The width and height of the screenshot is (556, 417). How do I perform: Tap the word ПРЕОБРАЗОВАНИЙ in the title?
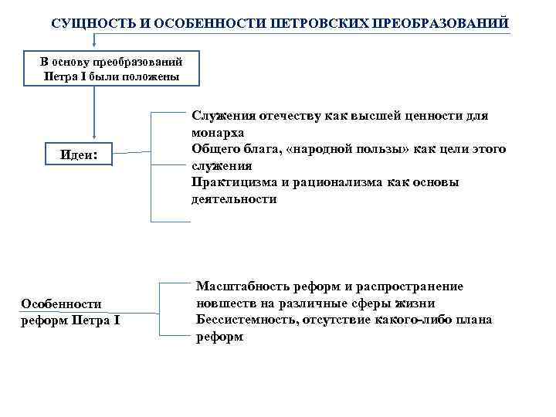440,23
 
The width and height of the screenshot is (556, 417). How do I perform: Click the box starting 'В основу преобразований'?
112,69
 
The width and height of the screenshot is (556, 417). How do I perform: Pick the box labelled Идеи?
80,154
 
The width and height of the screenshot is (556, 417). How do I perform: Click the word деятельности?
233,198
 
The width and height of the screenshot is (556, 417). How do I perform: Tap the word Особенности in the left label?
61,304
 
